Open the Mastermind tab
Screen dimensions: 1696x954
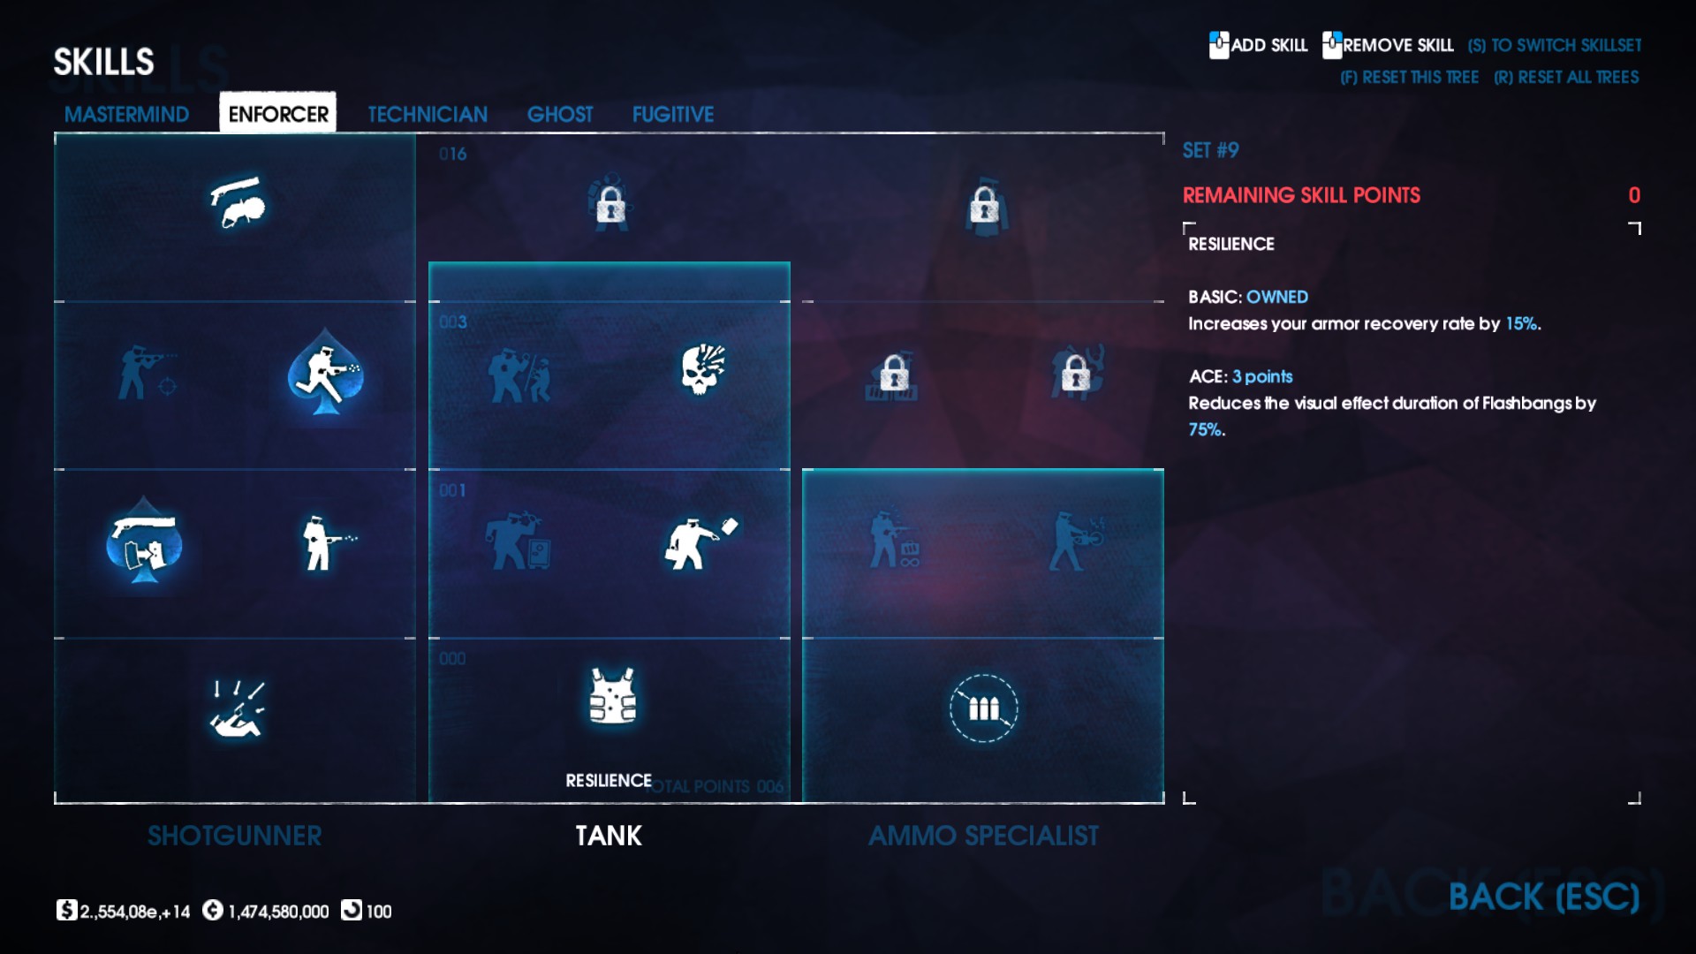coord(126,114)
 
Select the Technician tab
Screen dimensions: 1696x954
coord(428,114)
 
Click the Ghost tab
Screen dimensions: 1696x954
coord(560,114)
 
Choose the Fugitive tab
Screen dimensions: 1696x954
coord(672,114)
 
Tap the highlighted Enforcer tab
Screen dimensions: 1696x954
coord(277,114)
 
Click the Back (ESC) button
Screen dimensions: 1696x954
coord(1543,897)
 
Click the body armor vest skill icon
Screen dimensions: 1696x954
coord(612,696)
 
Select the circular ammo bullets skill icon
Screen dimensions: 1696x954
coord(983,708)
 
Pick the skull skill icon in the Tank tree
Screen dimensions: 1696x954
coord(702,369)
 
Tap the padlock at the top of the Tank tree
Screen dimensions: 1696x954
coord(610,206)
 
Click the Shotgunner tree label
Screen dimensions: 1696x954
coord(234,836)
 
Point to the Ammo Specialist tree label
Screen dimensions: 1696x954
coord(983,836)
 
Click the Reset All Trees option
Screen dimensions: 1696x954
coord(1566,78)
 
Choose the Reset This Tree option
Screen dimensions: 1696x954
coord(1409,78)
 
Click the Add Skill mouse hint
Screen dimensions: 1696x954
coord(1259,45)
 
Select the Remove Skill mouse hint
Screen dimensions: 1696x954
coord(1388,45)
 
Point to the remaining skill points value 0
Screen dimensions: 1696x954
coord(1634,195)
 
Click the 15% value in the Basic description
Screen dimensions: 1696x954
coord(1521,323)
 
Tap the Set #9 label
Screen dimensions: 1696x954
coord(1210,150)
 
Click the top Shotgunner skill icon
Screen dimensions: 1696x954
coord(237,202)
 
